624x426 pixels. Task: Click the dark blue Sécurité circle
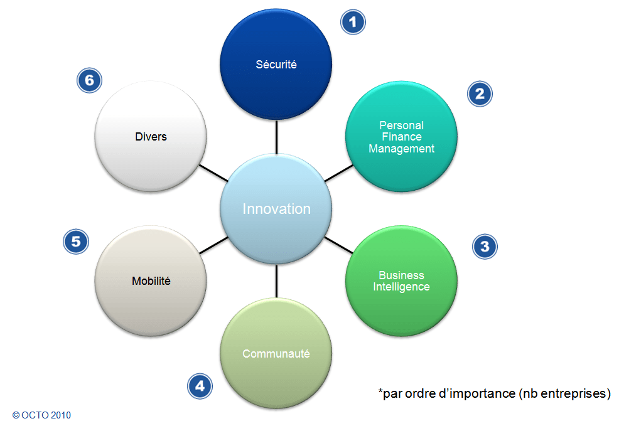(276, 65)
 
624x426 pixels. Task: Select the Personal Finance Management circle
(401, 136)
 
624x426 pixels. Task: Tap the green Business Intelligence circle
(401, 281)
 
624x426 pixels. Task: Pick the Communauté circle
(276, 353)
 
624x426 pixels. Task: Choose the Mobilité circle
(151, 281)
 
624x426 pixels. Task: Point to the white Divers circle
(151, 136)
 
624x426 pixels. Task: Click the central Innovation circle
(276, 209)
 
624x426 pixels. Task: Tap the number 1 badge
(353, 22)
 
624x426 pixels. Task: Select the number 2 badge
(480, 94)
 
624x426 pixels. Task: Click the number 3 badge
(485, 247)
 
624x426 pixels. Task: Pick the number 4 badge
(200, 386)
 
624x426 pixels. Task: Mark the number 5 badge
(75, 242)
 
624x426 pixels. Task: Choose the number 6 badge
(89, 80)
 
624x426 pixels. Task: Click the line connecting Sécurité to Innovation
(276, 137)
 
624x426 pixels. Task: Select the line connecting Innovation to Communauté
(276, 281)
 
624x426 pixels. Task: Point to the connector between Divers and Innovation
(213, 173)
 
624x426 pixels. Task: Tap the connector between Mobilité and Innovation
(213, 245)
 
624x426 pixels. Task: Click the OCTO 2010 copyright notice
(41, 415)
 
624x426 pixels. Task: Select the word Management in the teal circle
(401, 149)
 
